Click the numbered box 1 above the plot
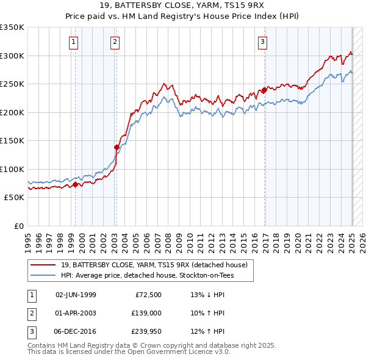click(73, 42)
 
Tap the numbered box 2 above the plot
click(115, 42)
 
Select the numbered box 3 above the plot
click(262, 42)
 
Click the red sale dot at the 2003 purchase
click(117, 147)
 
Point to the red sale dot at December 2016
click(264, 90)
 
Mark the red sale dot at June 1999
click(76, 184)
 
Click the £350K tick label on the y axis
click(12, 27)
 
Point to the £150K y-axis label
click(12, 141)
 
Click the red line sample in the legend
click(43, 265)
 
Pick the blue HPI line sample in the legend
click(43, 275)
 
